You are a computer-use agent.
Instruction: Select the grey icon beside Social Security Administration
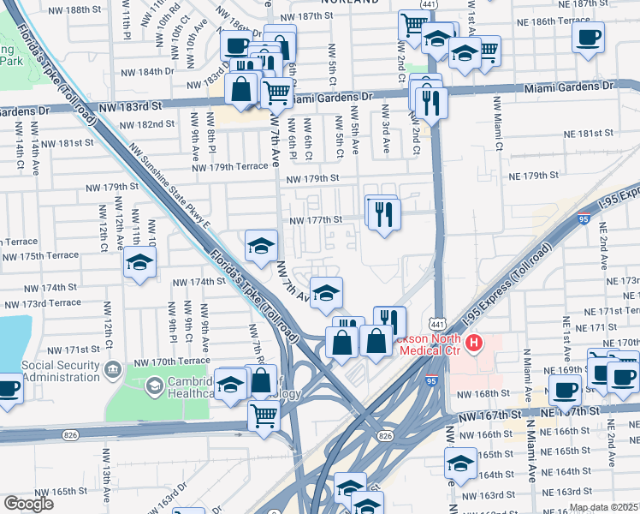click(112, 369)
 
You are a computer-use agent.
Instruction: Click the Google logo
click(28, 504)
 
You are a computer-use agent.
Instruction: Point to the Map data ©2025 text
click(603, 507)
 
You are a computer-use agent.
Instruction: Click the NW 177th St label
click(315, 220)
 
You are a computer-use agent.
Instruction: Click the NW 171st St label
click(74, 350)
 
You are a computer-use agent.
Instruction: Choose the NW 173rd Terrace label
click(41, 303)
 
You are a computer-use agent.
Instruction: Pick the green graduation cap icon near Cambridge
click(154, 385)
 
